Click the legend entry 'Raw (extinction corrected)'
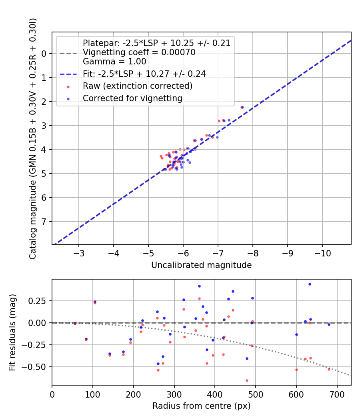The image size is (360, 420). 138,86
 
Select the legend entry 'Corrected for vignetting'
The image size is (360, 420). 132,98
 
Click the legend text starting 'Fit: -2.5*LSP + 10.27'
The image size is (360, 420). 144,74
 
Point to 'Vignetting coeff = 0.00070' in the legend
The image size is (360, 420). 139,52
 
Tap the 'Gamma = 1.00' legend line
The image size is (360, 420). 114,62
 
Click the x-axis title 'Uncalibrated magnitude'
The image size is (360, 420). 201,265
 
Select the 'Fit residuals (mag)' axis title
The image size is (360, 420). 13,332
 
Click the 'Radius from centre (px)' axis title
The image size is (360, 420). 201,406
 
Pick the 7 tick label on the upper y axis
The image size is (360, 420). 45,222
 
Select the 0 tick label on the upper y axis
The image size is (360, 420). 45,54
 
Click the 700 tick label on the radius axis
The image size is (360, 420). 337,394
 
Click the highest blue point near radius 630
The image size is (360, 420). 310,284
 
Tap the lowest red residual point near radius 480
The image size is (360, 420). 247,380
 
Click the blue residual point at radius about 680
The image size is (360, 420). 329,324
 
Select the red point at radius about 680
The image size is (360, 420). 329,369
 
